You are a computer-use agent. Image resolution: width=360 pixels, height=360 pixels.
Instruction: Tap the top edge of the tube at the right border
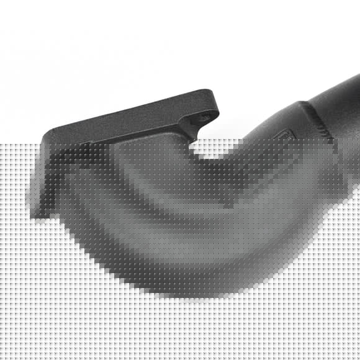tap(354, 77)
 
